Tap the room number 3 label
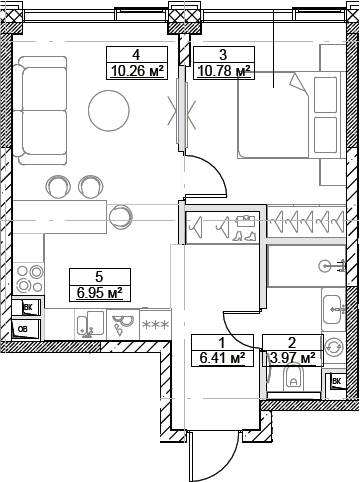pyautogui.click(x=222, y=55)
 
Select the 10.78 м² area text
pyautogui.click(x=222, y=70)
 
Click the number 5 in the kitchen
pyautogui.click(x=99, y=277)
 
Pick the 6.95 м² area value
pyautogui.click(x=99, y=293)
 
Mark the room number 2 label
pyautogui.click(x=291, y=340)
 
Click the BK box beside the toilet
pyautogui.click(x=337, y=381)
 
